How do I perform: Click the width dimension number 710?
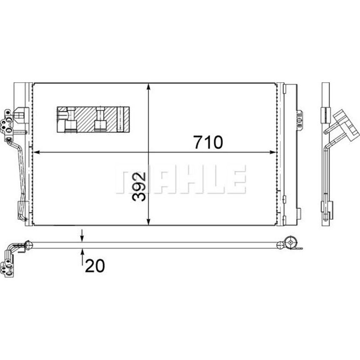coord(208,142)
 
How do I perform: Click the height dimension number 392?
coord(139,187)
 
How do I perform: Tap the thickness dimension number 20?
coord(95,266)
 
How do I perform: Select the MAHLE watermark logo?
coord(181,179)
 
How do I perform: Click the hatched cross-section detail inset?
coord(93,119)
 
